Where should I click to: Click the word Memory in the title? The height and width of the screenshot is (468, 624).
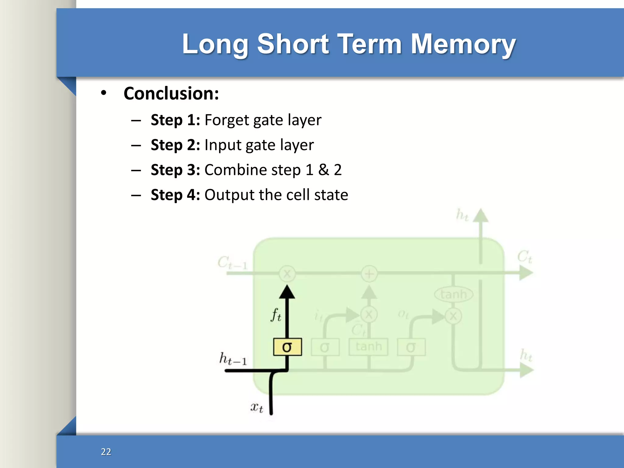pos(463,44)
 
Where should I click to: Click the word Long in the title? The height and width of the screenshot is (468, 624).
pos(215,44)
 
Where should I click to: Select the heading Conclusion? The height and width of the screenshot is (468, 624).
pos(171,93)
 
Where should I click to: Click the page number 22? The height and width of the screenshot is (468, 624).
pos(106,452)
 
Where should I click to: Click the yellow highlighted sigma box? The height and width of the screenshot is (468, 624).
pos(287,347)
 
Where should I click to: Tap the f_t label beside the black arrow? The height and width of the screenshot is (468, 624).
pos(276,315)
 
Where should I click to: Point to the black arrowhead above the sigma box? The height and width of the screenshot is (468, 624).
pos(287,292)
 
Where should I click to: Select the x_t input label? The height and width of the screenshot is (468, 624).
pos(257,407)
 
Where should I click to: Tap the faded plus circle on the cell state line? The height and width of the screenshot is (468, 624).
pos(369,273)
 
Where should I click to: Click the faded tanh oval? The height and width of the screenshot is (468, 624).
pos(454,294)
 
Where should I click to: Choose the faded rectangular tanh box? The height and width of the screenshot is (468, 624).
pos(368,347)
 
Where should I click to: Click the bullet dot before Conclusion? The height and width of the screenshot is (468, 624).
pos(104,93)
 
